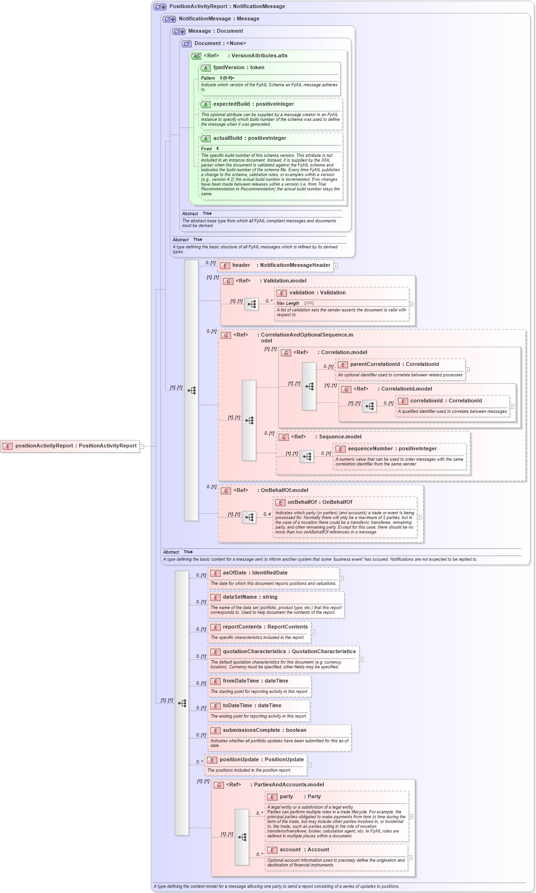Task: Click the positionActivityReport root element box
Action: [x=70, y=446]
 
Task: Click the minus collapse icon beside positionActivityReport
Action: [x=142, y=446]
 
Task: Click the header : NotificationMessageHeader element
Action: [x=281, y=265]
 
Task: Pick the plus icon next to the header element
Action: [x=336, y=266]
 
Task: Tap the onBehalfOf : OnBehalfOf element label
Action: [x=320, y=502]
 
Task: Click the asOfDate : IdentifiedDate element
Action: [x=255, y=573]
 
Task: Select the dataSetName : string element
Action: [x=250, y=597]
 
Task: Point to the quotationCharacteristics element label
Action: [x=289, y=652]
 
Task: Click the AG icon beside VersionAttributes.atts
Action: [x=196, y=56]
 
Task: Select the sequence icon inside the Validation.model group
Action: [x=251, y=304]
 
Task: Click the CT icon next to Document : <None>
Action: [x=187, y=44]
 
